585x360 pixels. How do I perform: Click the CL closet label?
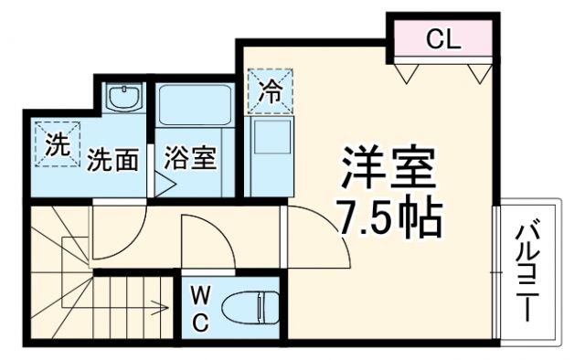point(445,39)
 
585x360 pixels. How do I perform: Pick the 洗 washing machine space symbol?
point(56,143)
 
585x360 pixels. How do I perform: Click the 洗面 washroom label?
point(113,161)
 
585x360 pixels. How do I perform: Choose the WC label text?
point(201,308)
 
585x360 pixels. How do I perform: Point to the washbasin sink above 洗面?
point(122,96)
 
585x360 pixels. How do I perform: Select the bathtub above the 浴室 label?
point(193,105)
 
